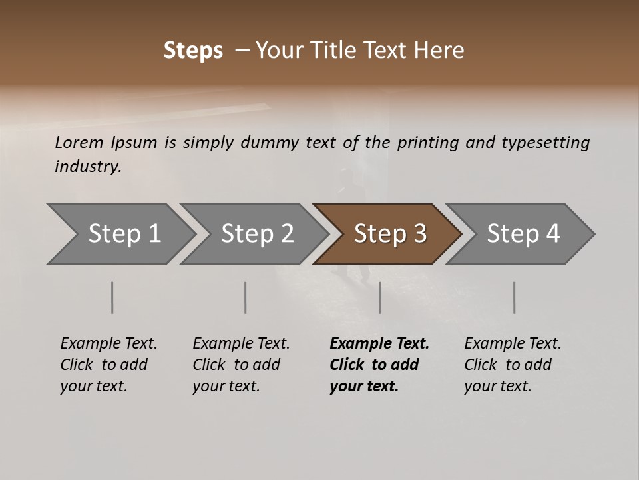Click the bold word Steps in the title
click(193, 51)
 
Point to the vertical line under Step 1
click(112, 297)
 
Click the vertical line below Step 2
click(246, 297)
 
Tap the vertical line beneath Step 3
click(379, 297)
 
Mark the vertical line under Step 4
click(514, 297)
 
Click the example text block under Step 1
click(108, 365)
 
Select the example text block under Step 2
click(241, 365)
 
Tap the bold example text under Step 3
click(379, 365)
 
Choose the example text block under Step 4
click(513, 365)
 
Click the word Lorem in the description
click(79, 142)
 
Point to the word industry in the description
click(88, 166)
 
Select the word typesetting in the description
click(545, 142)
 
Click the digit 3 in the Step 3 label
click(420, 234)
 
